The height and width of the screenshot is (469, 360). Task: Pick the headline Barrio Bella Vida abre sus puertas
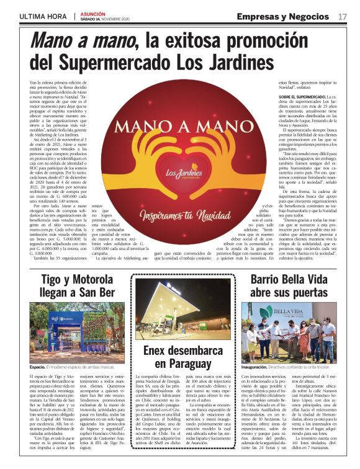pos(288,287)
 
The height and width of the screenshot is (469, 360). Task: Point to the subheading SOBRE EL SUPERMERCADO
pos(300,98)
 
